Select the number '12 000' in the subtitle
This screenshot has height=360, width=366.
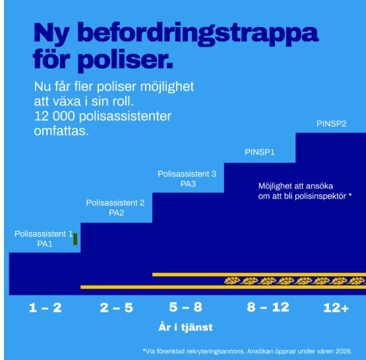pos(55,116)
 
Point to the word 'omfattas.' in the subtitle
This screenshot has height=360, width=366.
pos(61,131)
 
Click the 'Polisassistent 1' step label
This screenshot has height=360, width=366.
pos(44,234)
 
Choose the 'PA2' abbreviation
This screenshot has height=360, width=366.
pos(115,212)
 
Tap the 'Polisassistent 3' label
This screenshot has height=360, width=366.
pos(187,174)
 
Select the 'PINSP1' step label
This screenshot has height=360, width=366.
pos(259,152)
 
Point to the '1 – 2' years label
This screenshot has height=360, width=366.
pos(45,307)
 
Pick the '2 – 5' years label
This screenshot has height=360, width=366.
pos(116,307)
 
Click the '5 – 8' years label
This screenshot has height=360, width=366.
pos(186,307)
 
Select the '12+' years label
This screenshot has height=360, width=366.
pos(336,307)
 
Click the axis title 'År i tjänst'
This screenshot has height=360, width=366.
pos(185,327)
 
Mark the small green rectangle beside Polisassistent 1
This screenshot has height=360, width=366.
pos(75,239)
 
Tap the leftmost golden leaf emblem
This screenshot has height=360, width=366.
pos(231,280)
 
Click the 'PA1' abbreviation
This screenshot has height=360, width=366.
pos(44,244)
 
